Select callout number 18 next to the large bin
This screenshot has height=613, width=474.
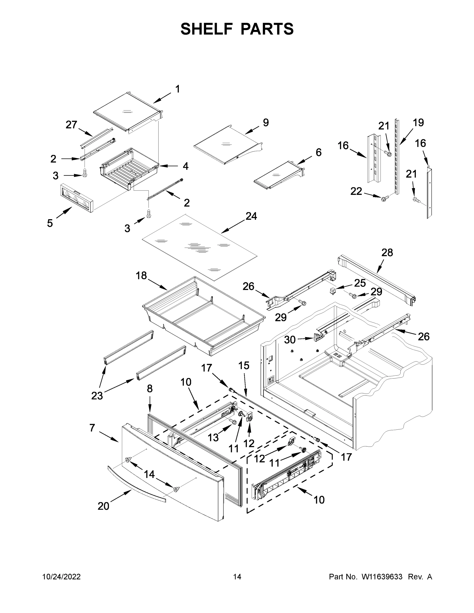coord(141,276)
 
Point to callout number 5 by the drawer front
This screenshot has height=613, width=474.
coord(50,223)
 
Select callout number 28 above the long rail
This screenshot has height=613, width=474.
coord(387,253)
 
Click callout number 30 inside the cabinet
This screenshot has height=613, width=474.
coord(290,340)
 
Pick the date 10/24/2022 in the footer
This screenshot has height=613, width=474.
coord(62,577)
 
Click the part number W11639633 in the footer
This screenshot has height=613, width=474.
coord(382,577)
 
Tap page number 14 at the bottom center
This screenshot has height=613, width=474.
coord(237,577)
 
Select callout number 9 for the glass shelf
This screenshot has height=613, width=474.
coord(266,122)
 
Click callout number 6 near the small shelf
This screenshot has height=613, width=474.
coord(318,152)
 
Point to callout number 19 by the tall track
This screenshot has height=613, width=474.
coord(418,122)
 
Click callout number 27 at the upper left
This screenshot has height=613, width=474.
coord(71,125)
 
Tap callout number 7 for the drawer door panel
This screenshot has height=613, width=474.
coord(92,428)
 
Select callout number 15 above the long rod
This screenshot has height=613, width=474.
coord(244,366)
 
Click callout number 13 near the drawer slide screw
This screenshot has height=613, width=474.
coord(213,437)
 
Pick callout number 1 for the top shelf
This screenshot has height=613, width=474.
coord(178,89)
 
